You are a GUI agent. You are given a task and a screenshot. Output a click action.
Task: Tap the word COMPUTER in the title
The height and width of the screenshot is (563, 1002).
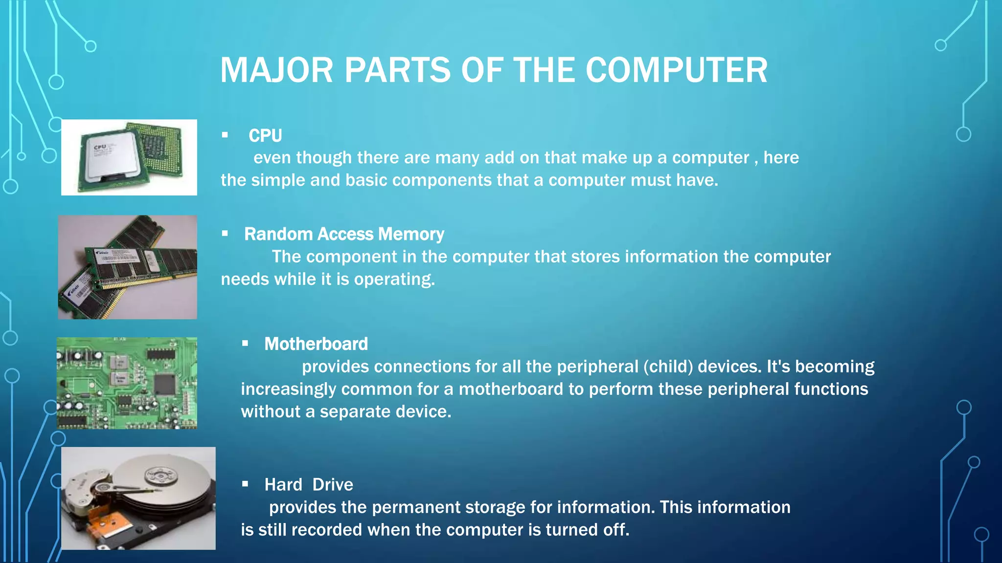pos(676,70)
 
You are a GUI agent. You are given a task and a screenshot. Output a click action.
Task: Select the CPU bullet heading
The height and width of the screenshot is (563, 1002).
pos(265,135)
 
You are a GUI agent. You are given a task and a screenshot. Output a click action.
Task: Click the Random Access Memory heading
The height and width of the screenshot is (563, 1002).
pos(344,234)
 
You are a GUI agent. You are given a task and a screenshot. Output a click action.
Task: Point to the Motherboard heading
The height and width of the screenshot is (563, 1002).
pos(316,344)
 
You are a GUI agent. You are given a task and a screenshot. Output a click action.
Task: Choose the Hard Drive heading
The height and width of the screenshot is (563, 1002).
pos(309,485)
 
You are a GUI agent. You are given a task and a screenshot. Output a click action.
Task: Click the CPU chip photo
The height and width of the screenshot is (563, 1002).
pos(129,157)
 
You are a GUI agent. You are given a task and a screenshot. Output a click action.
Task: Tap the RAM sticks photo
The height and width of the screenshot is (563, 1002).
pos(128,267)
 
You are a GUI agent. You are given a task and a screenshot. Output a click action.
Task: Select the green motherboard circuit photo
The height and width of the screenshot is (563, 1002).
pos(127,383)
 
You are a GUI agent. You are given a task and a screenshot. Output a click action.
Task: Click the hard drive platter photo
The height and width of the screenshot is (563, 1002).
pos(138,498)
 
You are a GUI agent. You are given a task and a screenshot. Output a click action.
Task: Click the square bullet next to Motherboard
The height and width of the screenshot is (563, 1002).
pos(245,344)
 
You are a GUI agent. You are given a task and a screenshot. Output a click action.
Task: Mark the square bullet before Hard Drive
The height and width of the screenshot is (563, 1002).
pos(245,484)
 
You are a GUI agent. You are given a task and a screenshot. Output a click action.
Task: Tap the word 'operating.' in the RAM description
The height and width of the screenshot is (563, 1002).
pos(394,280)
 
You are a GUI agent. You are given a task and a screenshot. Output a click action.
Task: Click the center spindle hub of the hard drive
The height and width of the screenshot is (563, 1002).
pos(160,474)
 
